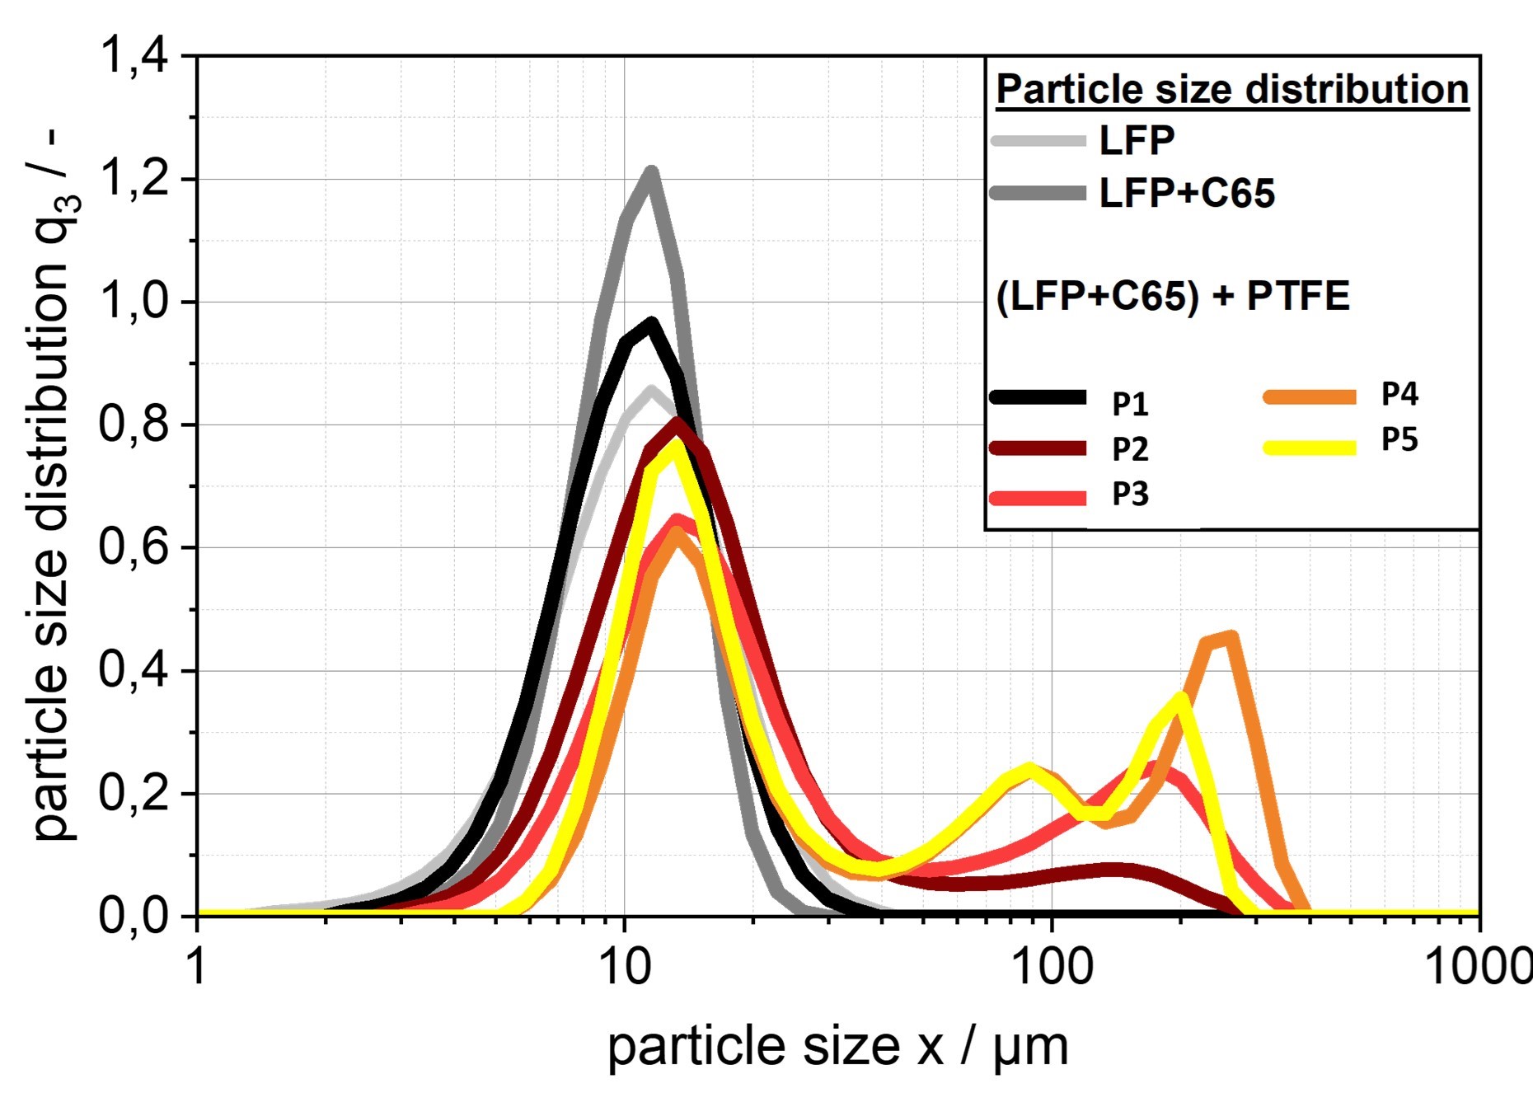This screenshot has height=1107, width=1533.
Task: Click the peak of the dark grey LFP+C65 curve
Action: [651, 173]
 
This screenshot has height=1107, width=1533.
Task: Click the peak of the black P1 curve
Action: [652, 323]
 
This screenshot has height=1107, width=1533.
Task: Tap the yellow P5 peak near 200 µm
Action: [1180, 699]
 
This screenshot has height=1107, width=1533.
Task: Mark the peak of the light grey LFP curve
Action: [651, 390]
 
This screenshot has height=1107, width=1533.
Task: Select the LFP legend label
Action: [1137, 141]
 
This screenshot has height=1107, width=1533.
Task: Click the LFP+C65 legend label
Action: [1187, 194]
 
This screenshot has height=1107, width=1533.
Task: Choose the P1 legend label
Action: [1130, 404]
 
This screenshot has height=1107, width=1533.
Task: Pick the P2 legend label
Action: [1130, 449]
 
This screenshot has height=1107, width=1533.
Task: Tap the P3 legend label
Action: [1130, 494]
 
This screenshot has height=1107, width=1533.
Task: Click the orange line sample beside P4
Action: [1309, 397]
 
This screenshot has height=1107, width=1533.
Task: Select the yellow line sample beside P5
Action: [1309, 448]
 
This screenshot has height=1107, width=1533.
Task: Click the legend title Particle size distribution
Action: [1232, 89]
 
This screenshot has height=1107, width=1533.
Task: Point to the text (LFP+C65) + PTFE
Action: [1173, 296]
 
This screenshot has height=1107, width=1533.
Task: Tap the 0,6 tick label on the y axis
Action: [134, 547]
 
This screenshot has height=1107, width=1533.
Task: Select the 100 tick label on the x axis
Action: [1052, 966]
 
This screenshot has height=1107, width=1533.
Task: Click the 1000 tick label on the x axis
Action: [1479, 966]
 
